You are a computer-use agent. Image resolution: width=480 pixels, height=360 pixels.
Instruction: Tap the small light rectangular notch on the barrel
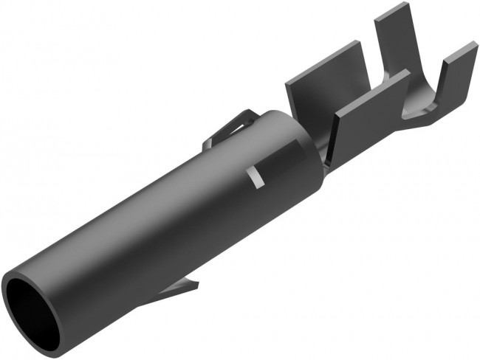256,176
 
